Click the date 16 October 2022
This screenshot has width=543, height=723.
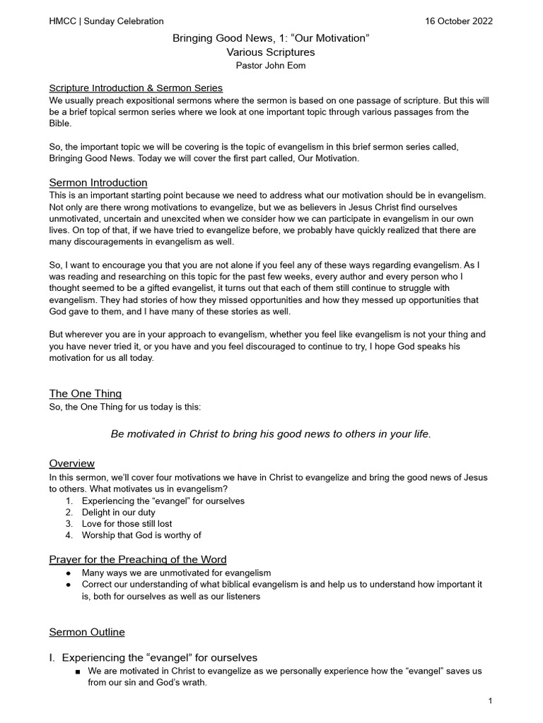point(458,21)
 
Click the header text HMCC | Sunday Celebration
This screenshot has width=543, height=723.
point(106,21)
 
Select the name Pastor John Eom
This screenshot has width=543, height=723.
point(271,65)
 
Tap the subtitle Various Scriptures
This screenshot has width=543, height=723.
point(271,52)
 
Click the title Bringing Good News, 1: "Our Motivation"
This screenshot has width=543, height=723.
point(271,39)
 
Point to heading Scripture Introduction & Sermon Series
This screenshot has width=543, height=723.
point(136,88)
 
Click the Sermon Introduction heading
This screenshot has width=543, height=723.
point(98,183)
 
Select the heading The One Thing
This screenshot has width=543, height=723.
point(85,393)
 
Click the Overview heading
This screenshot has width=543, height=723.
point(71,463)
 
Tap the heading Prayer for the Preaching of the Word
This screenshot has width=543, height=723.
point(138,559)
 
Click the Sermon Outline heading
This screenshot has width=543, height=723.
point(87,632)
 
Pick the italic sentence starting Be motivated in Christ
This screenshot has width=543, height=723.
point(271,434)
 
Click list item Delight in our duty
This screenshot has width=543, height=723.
point(118,513)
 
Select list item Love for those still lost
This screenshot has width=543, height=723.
point(127,524)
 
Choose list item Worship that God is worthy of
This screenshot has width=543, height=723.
point(141,535)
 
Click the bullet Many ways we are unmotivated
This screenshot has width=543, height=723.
point(176,573)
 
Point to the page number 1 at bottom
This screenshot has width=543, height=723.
point(490,701)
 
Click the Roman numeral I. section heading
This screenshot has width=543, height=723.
point(153,657)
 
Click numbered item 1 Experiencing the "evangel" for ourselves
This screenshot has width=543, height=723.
point(163,501)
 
